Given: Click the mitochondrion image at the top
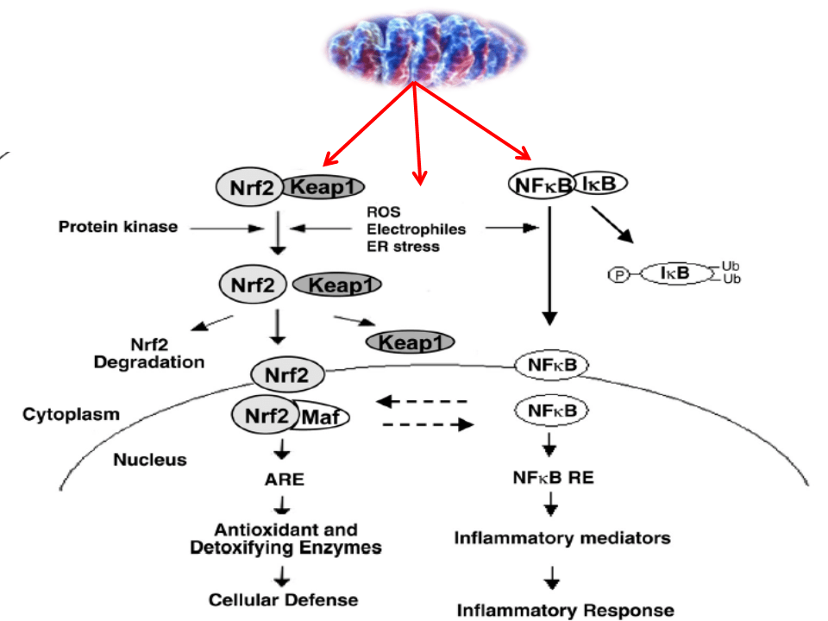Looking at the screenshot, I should click(414, 43).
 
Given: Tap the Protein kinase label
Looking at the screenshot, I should click(117, 228).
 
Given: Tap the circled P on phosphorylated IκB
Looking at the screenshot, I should click(619, 274).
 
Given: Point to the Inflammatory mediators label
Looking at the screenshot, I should click(562, 538).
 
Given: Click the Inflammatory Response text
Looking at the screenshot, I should click(565, 610).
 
